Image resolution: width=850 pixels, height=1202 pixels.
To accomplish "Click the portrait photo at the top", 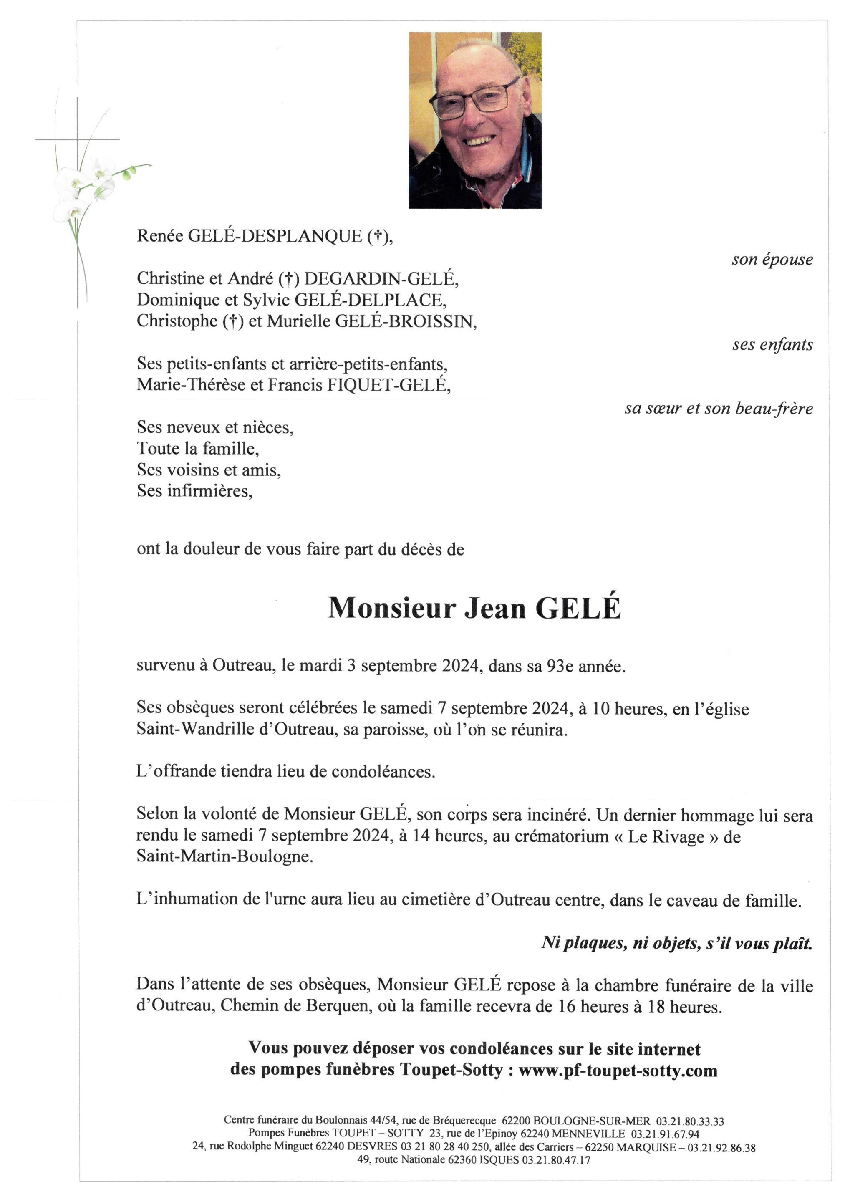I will tap(475, 121).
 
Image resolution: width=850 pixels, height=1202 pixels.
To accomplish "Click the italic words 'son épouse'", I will tap(772, 260).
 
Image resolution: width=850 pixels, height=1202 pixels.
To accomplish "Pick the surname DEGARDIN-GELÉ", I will tap(385, 279).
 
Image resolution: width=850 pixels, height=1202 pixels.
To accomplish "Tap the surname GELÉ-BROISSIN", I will tap(405, 321).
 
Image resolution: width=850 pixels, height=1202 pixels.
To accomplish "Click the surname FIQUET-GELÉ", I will tap(388, 385).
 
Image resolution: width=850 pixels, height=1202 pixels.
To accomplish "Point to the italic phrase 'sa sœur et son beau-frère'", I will tap(719, 408).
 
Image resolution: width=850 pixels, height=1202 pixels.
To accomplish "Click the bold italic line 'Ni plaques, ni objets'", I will tap(677, 943).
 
